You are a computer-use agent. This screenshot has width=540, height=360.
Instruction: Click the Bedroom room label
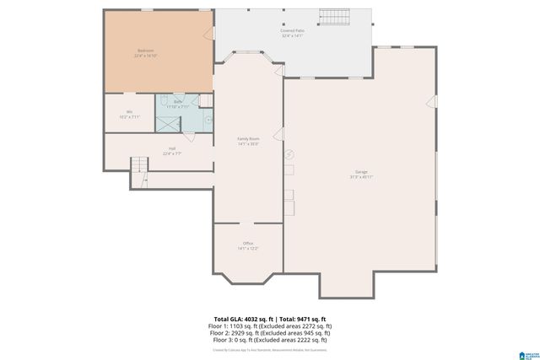[145, 51]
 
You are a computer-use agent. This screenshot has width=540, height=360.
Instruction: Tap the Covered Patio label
[291, 30]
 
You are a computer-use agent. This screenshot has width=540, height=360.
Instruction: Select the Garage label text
[361, 172]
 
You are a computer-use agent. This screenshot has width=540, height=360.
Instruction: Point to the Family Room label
[247, 138]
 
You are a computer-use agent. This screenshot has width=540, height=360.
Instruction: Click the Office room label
[247, 244]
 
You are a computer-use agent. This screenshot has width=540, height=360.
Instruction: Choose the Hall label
[172, 149]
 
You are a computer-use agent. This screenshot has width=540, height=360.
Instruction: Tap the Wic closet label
[129, 111]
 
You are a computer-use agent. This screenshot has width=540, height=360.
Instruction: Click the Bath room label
[178, 102]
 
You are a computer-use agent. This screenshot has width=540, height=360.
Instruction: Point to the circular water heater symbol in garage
[289, 154]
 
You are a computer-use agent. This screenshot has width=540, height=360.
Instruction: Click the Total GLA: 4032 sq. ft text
[239, 320]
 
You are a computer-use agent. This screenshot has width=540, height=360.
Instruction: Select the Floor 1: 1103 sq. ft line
[269, 325]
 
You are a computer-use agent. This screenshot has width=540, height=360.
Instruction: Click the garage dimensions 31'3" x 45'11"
[361, 178]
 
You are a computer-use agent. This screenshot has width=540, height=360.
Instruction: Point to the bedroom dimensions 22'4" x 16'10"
[145, 56]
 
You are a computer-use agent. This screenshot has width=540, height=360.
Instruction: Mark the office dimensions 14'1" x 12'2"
[247, 249]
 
